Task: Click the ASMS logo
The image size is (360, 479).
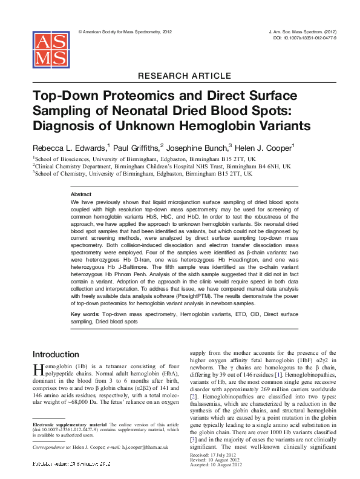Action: click(50, 50)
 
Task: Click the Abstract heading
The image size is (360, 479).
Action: click(81, 194)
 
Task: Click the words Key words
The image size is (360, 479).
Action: click(85, 315)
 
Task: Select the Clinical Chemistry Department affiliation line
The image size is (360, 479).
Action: click(162, 165)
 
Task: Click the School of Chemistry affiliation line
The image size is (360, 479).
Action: click(142, 173)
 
